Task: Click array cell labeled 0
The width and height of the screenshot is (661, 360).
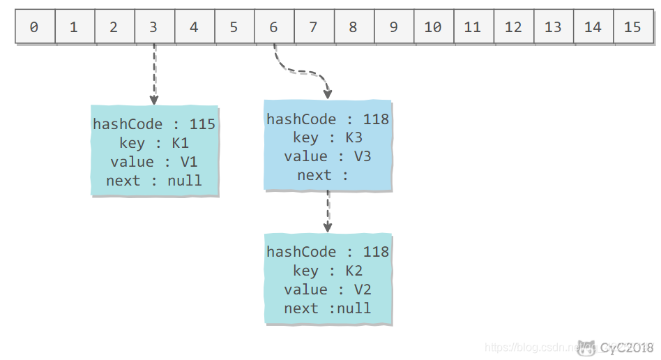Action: point(34,27)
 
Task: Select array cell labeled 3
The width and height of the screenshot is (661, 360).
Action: point(153,27)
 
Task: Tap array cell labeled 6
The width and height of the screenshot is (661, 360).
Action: point(273,27)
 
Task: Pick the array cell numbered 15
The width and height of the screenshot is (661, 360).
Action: point(632,27)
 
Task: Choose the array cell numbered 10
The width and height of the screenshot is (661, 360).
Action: point(432,27)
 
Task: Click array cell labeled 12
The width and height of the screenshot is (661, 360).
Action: point(513,27)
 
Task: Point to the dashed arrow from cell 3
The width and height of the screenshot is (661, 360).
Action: point(154,73)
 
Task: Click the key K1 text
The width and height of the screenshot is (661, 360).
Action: point(154,143)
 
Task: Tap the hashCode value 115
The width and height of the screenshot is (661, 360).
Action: point(202,124)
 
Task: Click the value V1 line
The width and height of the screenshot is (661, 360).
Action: point(154,162)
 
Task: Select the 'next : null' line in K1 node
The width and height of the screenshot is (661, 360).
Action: point(154,181)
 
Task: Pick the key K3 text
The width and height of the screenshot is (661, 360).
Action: point(328,137)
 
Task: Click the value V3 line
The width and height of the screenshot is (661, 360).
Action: point(328,156)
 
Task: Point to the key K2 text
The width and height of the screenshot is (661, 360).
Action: point(328,271)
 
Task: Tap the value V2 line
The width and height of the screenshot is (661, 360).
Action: point(328,290)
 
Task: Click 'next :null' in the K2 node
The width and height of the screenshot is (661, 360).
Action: point(328,308)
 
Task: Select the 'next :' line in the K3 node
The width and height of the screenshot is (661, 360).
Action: point(322,175)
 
